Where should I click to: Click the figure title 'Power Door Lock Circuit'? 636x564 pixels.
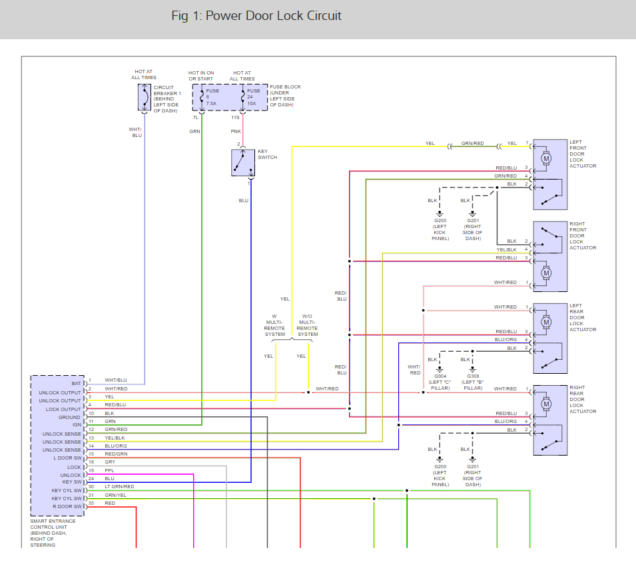tap(273, 15)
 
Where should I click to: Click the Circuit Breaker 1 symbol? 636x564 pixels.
tap(143, 98)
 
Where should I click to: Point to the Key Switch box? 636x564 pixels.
tap(243, 163)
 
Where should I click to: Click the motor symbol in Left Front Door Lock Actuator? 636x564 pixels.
tap(547, 158)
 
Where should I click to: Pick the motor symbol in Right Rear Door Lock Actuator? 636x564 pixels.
tap(547, 404)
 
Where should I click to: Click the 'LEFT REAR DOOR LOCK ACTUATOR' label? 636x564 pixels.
tap(583, 317)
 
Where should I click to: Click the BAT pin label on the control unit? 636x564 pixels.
tap(76, 384)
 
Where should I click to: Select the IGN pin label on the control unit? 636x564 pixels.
tap(77, 425)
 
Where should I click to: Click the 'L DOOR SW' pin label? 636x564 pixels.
tap(68, 458)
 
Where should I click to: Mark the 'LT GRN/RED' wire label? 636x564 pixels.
tap(119, 486)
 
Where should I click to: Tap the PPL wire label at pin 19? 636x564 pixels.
tap(109, 470)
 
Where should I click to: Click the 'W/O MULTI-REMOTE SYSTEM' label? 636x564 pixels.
tap(307, 325)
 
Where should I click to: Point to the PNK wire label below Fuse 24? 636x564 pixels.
tap(236, 132)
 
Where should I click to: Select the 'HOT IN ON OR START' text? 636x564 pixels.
tap(201, 76)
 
